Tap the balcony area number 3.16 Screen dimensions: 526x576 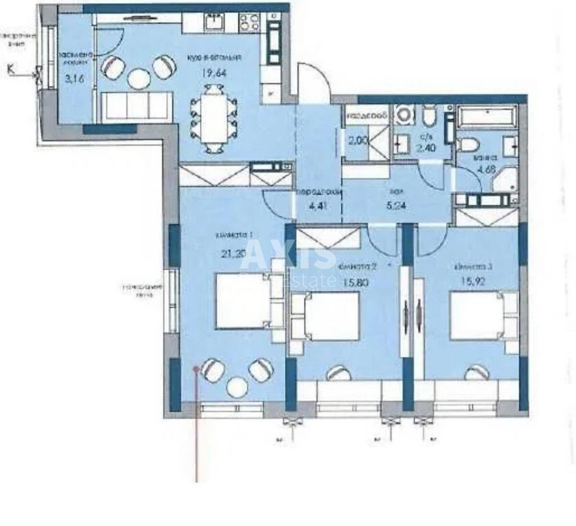(74, 78)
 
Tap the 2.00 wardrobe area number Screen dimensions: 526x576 (358, 141)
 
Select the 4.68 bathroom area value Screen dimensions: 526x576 (485, 167)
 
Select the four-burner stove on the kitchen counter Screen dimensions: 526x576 (249, 22)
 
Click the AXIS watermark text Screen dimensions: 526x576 (294, 254)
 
